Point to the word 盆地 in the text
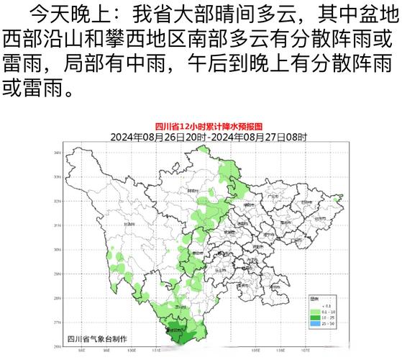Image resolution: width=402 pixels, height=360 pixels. pos(380,13)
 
